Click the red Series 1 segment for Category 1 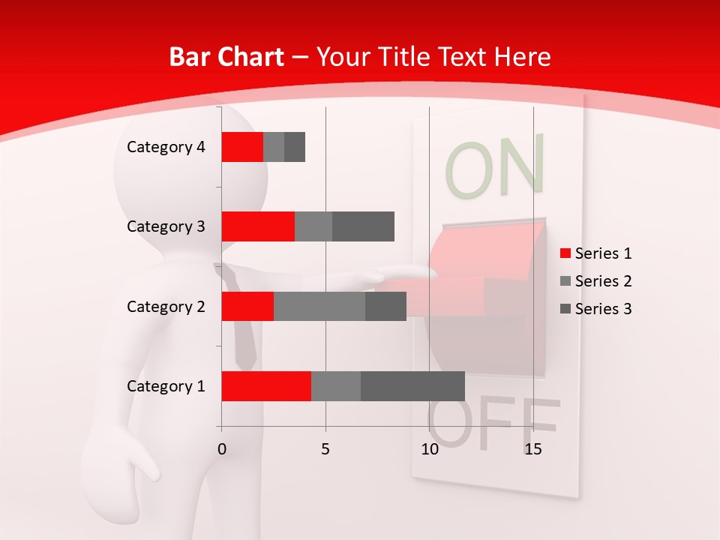click(266, 386)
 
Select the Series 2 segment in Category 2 click(319, 306)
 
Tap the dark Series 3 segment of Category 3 click(363, 226)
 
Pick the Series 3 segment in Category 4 click(295, 147)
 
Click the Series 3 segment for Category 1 click(412, 386)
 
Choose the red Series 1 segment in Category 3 click(258, 226)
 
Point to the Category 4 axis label click(166, 147)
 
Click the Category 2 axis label click(166, 306)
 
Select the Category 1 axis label click(166, 386)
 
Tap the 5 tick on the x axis click(325, 449)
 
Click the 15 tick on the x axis click(532, 449)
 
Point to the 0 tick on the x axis click(221, 449)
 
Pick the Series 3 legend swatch click(565, 309)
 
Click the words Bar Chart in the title click(226, 57)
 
